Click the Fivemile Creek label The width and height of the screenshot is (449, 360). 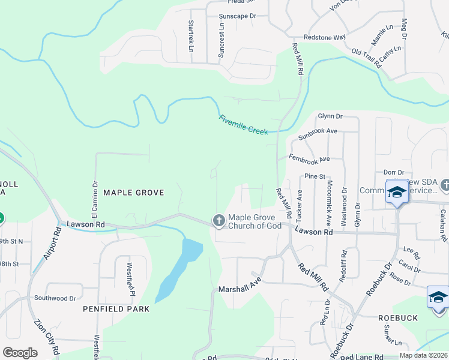243,125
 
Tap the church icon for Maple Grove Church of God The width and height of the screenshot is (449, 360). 218,221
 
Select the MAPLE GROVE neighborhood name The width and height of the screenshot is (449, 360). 133,193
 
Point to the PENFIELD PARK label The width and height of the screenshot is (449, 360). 116,309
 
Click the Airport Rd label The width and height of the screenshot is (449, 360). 51,243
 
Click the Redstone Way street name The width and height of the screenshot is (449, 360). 325,37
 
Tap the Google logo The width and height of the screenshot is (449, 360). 20,353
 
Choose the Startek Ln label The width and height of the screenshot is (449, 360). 191,36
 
